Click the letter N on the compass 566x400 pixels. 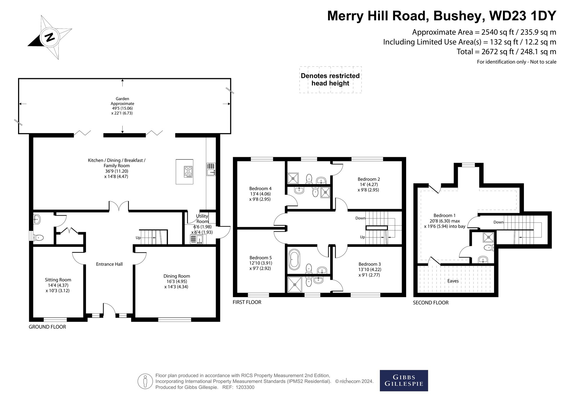[x=50, y=37]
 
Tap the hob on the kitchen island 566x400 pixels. [x=188, y=172]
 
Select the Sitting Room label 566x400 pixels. [x=58, y=280]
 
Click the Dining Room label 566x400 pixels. [x=177, y=276]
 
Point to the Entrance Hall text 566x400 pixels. [x=109, y=264]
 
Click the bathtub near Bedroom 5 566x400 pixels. [x=294, y=259]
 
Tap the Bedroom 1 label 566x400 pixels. [x=444, y=215]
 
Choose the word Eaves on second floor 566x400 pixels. [x=453, y=281]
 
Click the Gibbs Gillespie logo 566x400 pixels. [x=404, y=381]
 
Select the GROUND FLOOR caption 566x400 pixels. [x=47, y=327]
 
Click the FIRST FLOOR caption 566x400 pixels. [x=247, y=302]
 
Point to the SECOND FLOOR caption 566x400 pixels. [x=431, y=303]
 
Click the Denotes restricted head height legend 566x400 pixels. [x=330, y=80]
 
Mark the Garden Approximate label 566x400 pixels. [x=122, y=101]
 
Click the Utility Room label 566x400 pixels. [x=202, y=219]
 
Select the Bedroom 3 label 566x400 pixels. [x=370, y=264]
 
